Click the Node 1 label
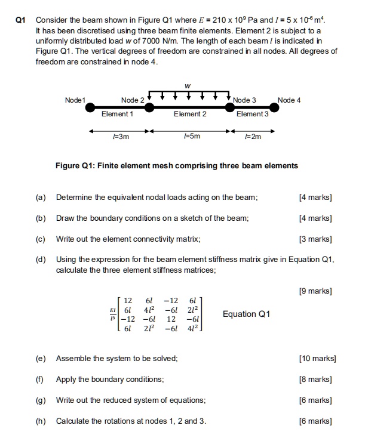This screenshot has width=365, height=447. point(76,100)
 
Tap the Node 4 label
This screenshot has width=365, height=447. point(290,100)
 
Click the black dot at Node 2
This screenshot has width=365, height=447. point(149,108)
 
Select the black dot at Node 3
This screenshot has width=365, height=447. point(229,108)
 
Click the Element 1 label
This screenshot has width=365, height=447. point(118,114)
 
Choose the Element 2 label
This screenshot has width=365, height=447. point(190,114)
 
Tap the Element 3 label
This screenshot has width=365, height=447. point(253,114)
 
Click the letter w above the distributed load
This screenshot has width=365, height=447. point(188,85)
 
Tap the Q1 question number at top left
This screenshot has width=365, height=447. point(20,20)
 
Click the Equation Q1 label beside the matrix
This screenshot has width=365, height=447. point(246,314)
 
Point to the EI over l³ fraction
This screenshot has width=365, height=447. point(112,314)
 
